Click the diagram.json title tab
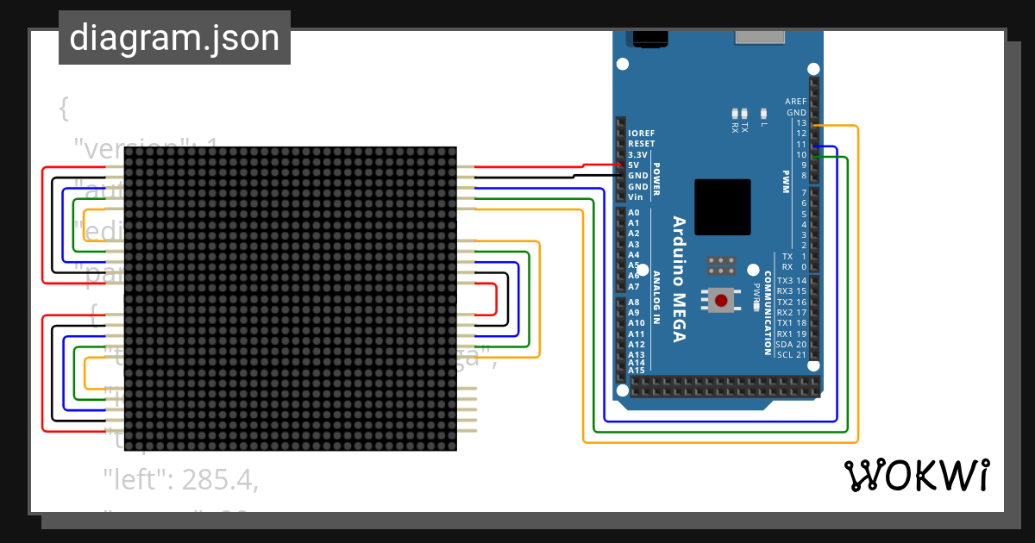coord(174,38)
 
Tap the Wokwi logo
coord(916,476)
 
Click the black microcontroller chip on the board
coord(722,207)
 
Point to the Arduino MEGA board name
coord(679,278)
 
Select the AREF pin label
coord(795,102)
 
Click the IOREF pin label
coord(641,134)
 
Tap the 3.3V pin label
coord(641,154)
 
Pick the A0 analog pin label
coord(634,213)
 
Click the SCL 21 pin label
coord(791,355)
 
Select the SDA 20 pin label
coord(791,344)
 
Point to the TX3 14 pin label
coord(791,281)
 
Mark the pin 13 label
coord(801,123)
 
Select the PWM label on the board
coord(786,181)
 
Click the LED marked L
coord(763,113)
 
